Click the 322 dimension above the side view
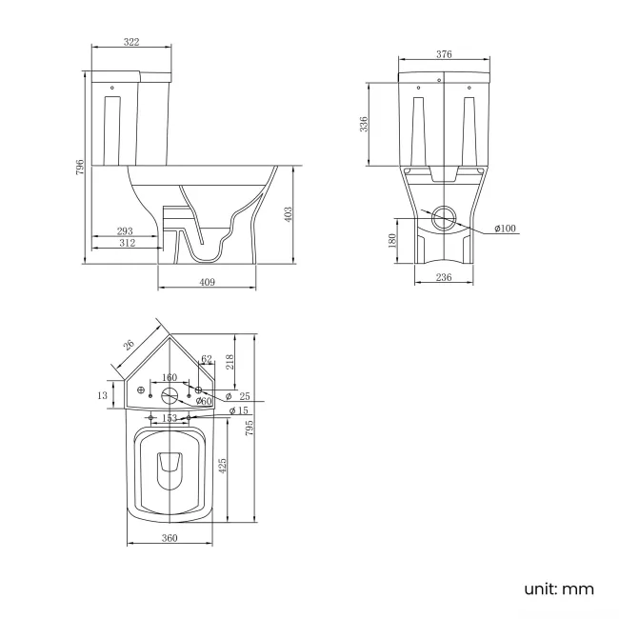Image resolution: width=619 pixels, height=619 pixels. point(130,42)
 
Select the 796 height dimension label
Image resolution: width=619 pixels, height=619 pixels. point(81,168)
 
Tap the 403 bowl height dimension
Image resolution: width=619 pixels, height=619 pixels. point(289,215)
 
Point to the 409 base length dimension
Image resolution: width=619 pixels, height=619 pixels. point(207,282)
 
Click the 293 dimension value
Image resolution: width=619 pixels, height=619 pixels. point(125,230)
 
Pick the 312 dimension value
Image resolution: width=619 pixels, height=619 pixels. point(128,243)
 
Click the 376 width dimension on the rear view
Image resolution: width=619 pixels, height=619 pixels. point(444,54)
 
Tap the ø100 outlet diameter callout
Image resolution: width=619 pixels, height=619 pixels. point(505,229)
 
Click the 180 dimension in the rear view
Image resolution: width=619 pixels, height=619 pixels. point(391,241)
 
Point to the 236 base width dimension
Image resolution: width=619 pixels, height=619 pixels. point(444,277)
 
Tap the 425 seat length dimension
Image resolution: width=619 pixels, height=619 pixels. point(223,466)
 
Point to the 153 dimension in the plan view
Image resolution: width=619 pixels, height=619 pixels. point(169,418)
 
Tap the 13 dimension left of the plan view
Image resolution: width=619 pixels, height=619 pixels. point(102,394)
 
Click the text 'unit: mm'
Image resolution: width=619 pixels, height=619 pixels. point(558,589)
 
